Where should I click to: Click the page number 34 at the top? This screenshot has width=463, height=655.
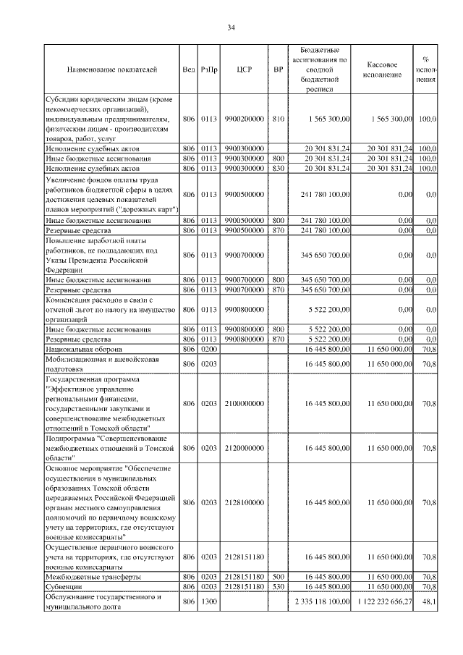click(231, 28)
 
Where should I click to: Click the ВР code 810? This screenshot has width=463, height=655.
click(278, 118)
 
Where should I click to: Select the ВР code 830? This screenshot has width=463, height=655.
click(278, 168)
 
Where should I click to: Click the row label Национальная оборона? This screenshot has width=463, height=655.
click(77, 348)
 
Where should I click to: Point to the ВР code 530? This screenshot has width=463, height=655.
click(278, 587)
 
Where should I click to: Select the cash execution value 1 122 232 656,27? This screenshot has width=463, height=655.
click(383, 602)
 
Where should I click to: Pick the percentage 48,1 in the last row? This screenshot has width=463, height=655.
click(429, 602)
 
